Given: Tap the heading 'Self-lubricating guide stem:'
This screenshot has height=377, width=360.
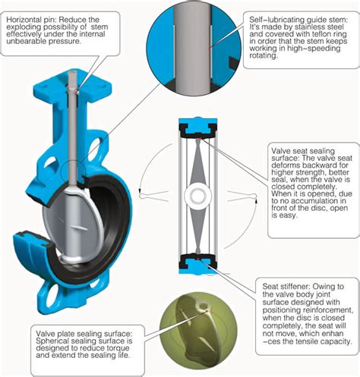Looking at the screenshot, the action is tap(298, 20).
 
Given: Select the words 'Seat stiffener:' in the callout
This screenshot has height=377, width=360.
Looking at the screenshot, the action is tap(286, 287).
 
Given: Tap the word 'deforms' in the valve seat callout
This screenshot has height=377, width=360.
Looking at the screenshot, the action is tap(285, 165).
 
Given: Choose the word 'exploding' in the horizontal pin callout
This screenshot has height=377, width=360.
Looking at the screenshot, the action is tap(22, 27).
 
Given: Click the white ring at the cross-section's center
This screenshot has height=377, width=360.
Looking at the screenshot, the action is tap(197, 196).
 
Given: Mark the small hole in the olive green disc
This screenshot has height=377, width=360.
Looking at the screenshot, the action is tap(203, 306).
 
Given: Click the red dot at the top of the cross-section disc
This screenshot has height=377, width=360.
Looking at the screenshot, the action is tap(200, 138).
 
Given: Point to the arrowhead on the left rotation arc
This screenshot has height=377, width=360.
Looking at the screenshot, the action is tap(139, 190).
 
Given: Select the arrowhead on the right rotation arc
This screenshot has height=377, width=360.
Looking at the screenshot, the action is tap(256, 201).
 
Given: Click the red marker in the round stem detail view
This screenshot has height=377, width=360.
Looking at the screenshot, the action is tap(209, 47).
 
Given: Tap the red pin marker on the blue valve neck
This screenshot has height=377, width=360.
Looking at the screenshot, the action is tap(77, 92).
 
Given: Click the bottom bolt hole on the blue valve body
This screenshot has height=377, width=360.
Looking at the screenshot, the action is tap(52, 297).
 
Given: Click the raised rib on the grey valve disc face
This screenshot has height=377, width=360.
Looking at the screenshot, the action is tap(80, 228).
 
